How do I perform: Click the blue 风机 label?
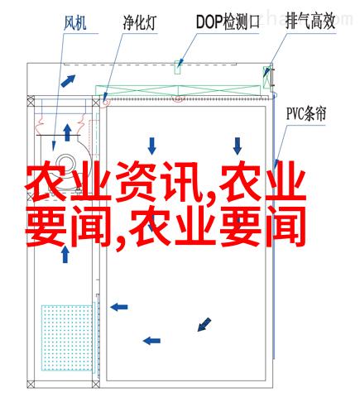click(75, 22)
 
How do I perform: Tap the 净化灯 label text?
click(140, 22)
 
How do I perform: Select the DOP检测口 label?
click(228, 22)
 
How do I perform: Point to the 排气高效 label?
click(310, 22)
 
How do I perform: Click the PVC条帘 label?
click(306, 113)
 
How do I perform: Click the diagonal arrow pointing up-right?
click(68, 81)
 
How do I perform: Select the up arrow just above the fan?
click(67, 132)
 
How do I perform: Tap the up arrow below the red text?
click(65, 255)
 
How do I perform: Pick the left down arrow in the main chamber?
click(151, 146)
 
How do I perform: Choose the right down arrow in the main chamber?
click(238, 146)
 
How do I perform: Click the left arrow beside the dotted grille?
click(119, 307)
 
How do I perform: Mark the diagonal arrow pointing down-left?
click(204, 324)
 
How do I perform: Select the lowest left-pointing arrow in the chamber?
click(151, 341)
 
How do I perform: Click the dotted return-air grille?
click(67, 337)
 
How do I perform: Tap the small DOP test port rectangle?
click(177, 67)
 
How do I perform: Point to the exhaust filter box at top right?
click(266, 77)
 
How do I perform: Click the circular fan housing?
click(66, 165)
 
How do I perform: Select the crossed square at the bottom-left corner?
click(31, 384)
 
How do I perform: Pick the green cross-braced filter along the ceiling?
click(178, 91)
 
